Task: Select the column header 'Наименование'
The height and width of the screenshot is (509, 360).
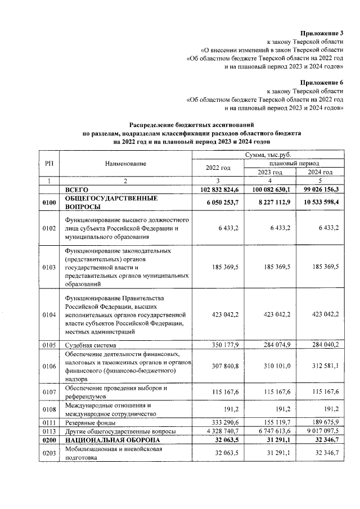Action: [x=125, y=163]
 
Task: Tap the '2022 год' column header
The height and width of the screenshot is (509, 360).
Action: [x=218, y=168]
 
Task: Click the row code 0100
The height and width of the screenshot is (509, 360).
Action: [x=49, y=203]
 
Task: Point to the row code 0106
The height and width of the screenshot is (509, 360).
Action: [x=49, y=366]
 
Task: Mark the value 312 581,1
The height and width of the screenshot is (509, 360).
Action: [x=324, y=366]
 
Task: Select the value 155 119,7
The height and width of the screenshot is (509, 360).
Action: [x=276, y=422]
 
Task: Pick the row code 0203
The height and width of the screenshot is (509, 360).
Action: [x=49, y=453]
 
